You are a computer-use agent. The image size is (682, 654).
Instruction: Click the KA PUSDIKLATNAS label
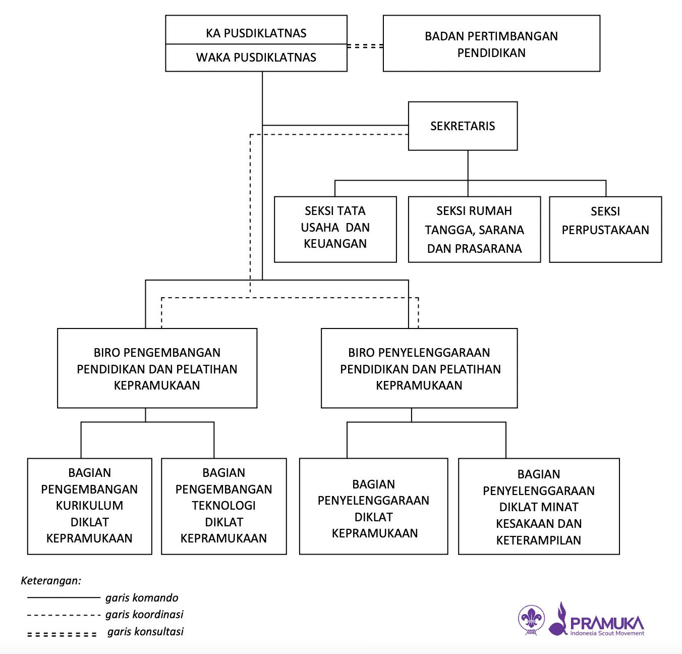coord(256,33)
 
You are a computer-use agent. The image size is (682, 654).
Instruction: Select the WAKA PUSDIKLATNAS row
coord(256,58)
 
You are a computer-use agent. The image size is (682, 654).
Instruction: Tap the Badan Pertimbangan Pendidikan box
coord(491,44)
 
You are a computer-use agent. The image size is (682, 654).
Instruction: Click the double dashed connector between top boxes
coord(365,46)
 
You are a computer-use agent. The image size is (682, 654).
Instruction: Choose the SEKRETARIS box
coord(463,126)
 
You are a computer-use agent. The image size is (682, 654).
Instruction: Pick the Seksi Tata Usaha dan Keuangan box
coord(335,228)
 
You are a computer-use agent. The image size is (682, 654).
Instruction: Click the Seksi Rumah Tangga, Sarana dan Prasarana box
coord(474,230)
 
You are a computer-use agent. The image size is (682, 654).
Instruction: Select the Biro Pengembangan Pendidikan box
coord(157,368)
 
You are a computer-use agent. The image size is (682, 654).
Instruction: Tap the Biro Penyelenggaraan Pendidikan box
coord(419,368)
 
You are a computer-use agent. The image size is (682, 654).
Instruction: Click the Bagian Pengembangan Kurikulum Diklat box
coord(89,506)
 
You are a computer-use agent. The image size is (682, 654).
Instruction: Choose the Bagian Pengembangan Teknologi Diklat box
coord(223,506)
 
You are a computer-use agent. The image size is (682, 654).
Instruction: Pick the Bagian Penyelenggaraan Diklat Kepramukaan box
coord(373,509)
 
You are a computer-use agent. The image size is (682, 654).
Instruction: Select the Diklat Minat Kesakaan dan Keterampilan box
coord(539,507)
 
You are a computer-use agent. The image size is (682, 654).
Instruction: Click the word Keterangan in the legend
coord(51,580)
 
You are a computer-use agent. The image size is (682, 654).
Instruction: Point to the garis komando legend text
coord(142,598)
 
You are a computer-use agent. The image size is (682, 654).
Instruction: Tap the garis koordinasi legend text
coord(144,615)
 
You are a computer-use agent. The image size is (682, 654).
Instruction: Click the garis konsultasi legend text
coord(145,631)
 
